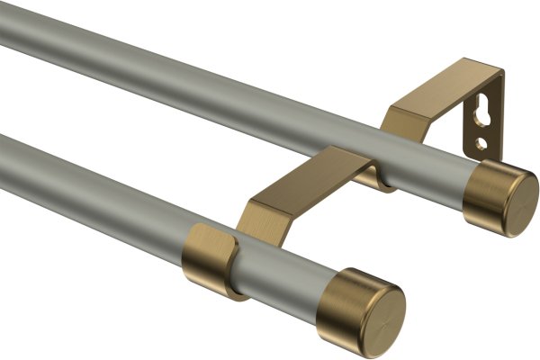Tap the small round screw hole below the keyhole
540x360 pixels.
coord(483,143)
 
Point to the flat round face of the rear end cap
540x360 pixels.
coord(519,200)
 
